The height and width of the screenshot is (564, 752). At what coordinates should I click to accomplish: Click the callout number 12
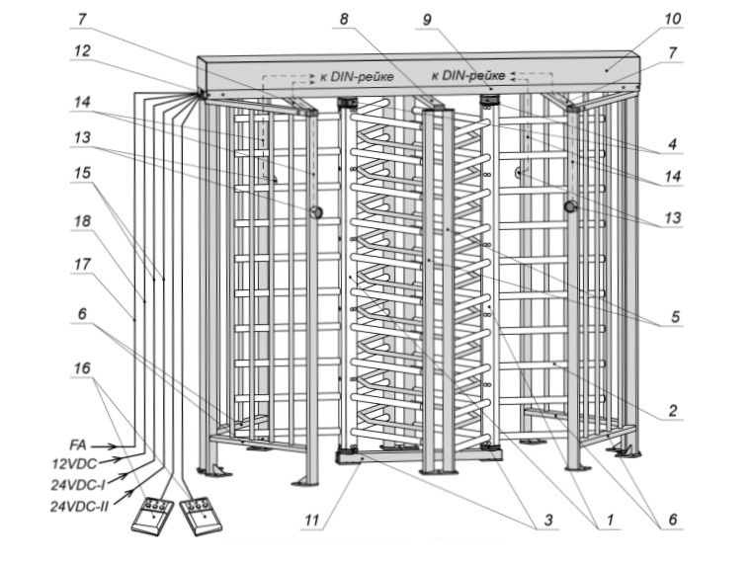(84, 50)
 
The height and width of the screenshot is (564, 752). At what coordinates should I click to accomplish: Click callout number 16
(84, 368)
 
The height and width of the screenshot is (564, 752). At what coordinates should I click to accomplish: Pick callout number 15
(84, 171)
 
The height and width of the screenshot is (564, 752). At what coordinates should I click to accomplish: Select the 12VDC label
(74, 464)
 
